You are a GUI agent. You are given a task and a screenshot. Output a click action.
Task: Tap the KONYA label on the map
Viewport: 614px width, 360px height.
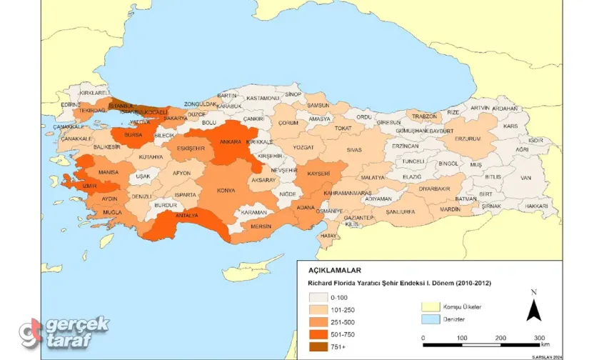tap(226, 191)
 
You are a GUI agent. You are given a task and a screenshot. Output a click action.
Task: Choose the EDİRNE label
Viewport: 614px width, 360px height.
tap(71, 104)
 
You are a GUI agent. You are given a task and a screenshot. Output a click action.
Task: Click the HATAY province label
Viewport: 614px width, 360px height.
tap(328, 235)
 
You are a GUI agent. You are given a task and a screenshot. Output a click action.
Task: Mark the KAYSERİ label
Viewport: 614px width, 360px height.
tap(318, 174)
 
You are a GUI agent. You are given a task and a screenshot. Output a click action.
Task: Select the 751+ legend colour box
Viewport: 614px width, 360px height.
tap(318, 347)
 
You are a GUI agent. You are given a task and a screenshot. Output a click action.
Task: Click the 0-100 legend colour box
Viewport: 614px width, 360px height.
tap(318, 297)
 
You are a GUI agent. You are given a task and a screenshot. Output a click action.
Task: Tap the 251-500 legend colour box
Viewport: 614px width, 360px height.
tap(318, 322)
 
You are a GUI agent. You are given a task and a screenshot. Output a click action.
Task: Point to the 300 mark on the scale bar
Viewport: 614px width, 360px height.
tap(540, 337)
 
